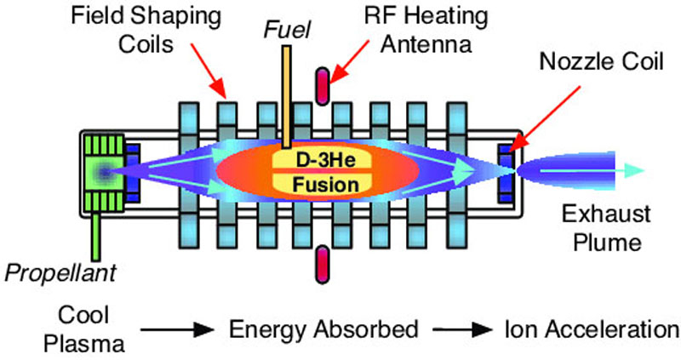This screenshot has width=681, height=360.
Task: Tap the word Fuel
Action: coord(288,31)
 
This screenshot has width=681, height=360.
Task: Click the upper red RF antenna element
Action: coord(322,84)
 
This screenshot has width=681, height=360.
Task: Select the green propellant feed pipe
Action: coord(100,234)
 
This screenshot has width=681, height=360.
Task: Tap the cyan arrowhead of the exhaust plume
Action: coord(626,171)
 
